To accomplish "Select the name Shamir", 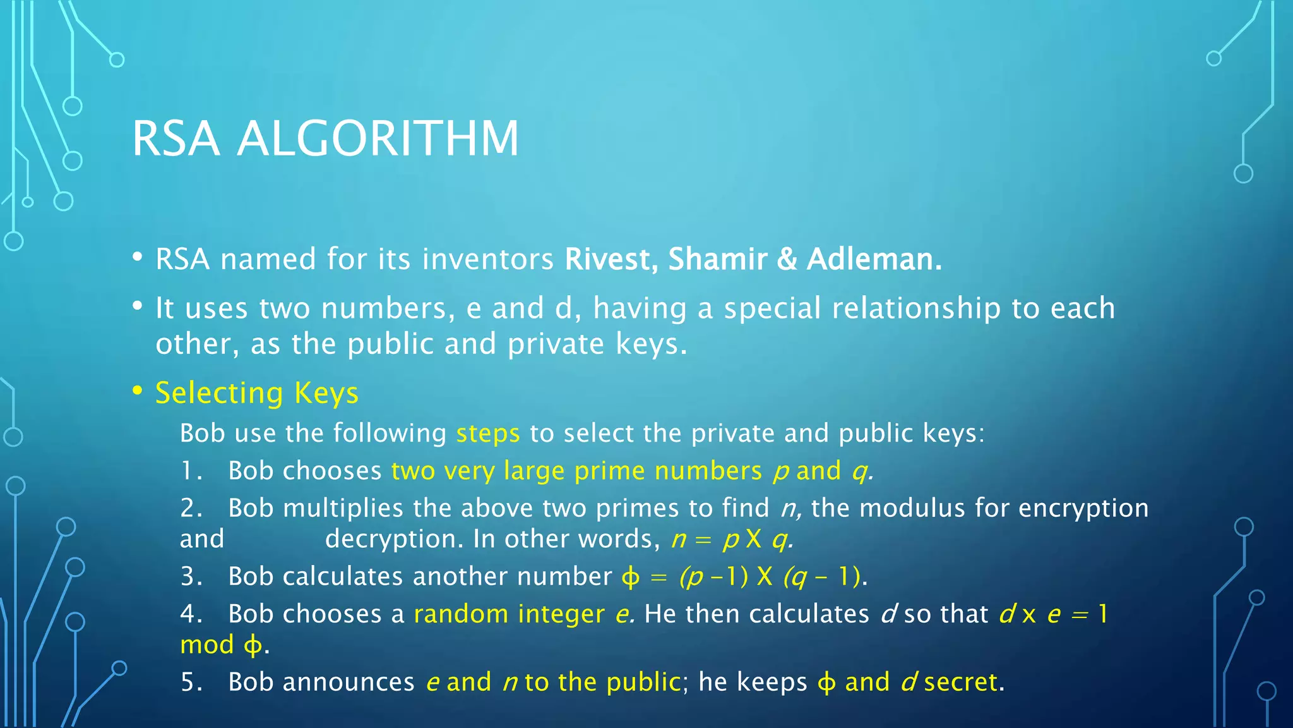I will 717,259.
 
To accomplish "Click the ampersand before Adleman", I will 787,259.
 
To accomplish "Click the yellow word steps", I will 488,434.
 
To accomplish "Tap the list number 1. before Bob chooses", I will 190,471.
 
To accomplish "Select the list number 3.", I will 190,576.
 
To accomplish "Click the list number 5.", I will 190,682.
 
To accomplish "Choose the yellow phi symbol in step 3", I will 630,577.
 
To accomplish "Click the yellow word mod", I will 206,645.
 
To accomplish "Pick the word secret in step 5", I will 961,682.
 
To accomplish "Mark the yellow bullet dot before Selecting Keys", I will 138,391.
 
